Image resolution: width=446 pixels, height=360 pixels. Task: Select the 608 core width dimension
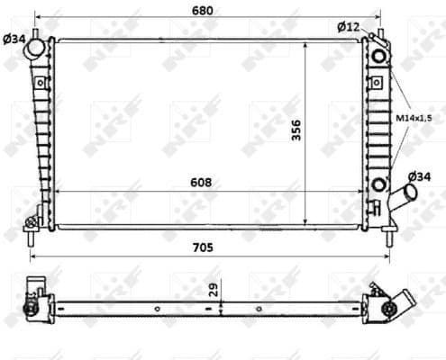[201, 182]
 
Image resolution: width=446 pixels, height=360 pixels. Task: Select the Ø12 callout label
[349, 26]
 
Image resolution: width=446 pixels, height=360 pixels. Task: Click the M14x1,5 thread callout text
[416, 117]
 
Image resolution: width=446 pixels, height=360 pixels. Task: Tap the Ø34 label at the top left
[14, 38]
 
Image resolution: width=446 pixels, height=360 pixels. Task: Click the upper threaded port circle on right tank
[378, 58]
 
